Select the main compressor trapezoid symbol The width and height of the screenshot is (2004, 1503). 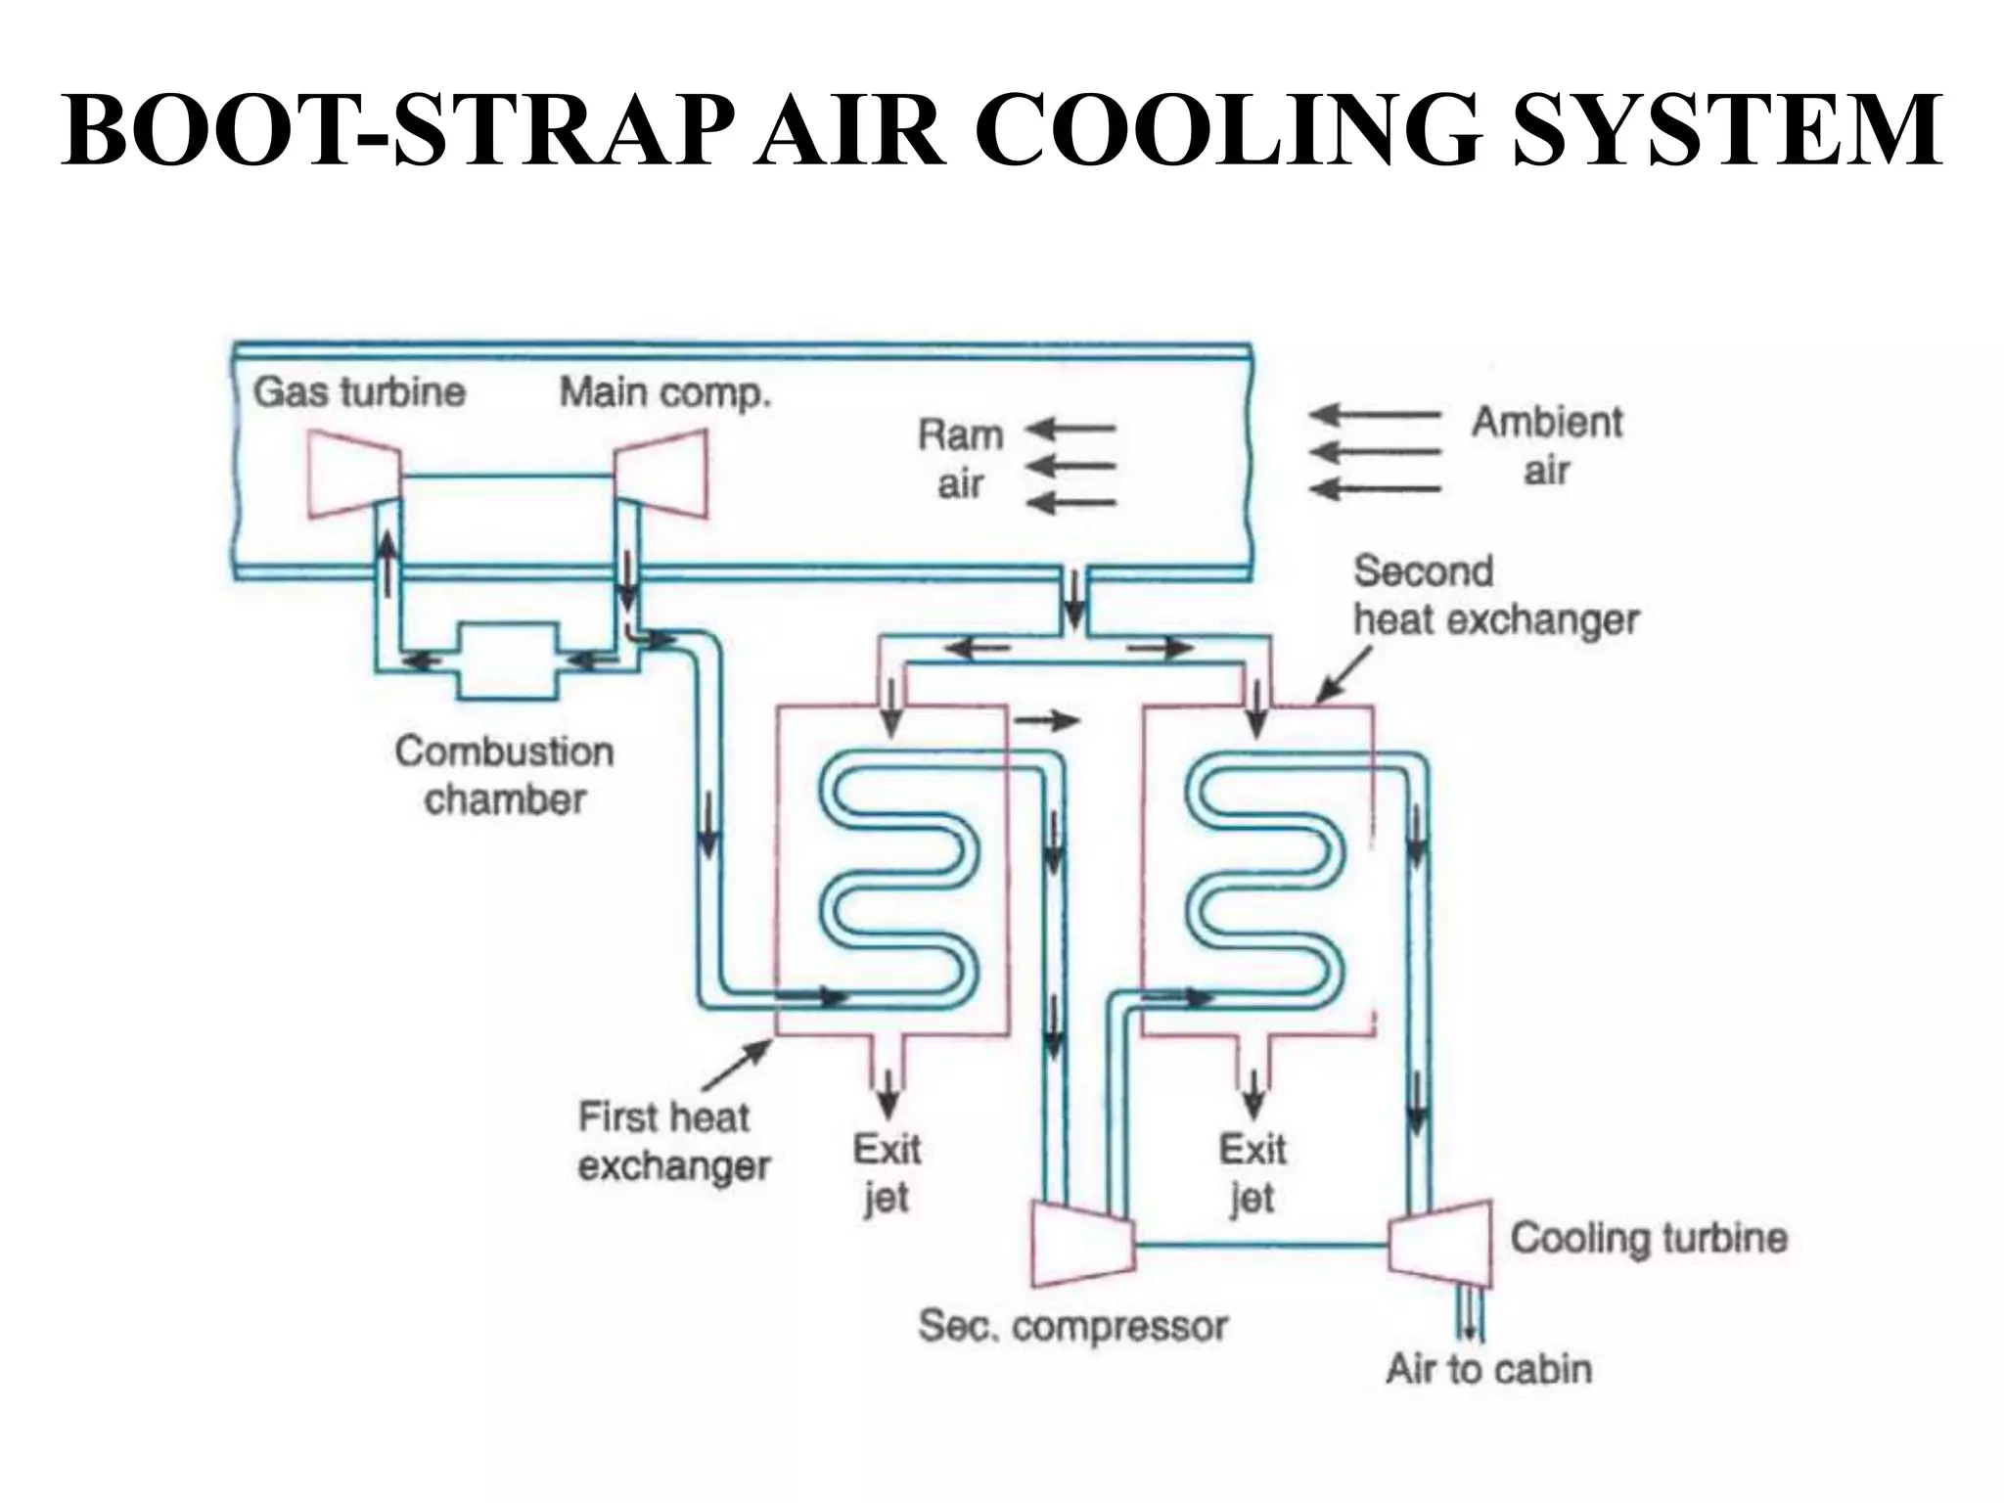[661, 476]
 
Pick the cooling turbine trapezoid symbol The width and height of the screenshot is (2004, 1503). [1441, 1244]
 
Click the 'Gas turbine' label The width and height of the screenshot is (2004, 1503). [359, 392]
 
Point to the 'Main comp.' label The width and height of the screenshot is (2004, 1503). [665, 393]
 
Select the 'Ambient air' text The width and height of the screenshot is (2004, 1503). [1547, 446]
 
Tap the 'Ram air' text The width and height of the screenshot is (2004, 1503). [961, 459]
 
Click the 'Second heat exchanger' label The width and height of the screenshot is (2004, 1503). [1494, 595]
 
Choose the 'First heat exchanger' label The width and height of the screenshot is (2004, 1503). [673, 1141]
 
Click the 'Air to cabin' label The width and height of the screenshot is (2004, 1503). [1488, 1369]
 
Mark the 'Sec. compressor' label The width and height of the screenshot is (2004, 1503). [1072, 1327]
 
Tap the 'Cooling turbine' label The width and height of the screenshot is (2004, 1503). [1649, 1238]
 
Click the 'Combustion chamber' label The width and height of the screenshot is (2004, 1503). [505, 775]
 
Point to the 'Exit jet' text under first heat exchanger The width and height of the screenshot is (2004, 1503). [887, 1172]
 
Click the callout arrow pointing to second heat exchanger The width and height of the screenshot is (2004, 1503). [1343, 676]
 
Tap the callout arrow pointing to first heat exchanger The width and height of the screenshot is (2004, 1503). [737, 1065]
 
